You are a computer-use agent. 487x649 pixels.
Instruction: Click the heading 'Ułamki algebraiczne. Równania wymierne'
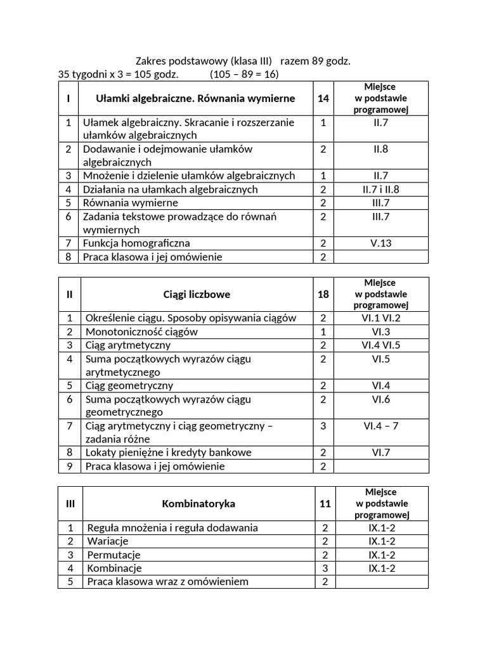195,98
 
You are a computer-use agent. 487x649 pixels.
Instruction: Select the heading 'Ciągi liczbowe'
197,294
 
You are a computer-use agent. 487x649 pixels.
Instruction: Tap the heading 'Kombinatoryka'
198,504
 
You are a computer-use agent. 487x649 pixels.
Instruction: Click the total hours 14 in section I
323,98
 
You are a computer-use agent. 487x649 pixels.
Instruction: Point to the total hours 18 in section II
323,294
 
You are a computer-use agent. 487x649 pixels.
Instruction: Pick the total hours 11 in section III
325,504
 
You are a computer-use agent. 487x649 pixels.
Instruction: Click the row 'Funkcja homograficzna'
136,243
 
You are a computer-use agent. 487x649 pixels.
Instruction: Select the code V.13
381,243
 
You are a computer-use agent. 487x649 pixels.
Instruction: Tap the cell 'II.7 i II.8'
381,189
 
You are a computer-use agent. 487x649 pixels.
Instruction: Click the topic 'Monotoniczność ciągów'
141,331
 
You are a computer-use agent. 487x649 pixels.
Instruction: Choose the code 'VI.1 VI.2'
381,318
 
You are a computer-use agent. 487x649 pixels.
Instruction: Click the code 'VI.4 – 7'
381,426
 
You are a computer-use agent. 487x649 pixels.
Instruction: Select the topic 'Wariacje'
108,541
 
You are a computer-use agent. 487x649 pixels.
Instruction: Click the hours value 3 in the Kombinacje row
325,568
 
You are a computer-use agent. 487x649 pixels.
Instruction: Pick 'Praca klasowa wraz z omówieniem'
168,581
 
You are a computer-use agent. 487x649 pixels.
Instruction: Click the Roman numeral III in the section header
70,504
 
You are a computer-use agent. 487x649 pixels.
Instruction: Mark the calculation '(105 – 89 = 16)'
244,74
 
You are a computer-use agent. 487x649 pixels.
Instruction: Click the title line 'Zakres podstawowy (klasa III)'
204,61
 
